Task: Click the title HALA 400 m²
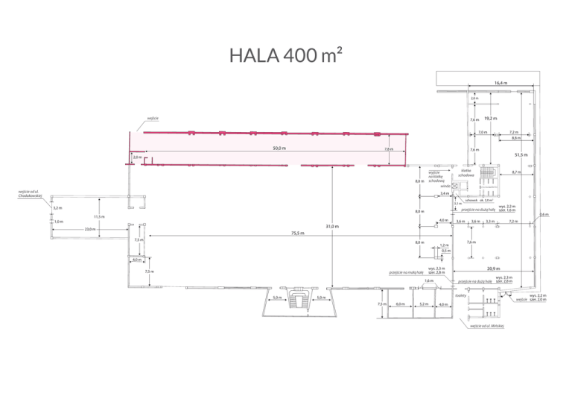(286, 56)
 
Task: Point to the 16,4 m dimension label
(500, 83)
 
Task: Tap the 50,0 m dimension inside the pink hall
(279, 148)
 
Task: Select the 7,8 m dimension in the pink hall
(388, 149)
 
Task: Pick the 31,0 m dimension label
(333, 225)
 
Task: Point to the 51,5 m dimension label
(521, 154)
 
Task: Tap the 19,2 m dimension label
(490, 119)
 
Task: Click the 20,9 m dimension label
(493, 268)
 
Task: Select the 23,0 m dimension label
(89, 229)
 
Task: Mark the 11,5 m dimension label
(99, 216)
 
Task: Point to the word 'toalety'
(460, 295)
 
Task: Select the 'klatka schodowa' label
(468, 172)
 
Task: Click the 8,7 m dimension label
(516, 173)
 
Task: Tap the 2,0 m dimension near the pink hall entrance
(137, 157)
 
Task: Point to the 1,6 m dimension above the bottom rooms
(428, 280)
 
